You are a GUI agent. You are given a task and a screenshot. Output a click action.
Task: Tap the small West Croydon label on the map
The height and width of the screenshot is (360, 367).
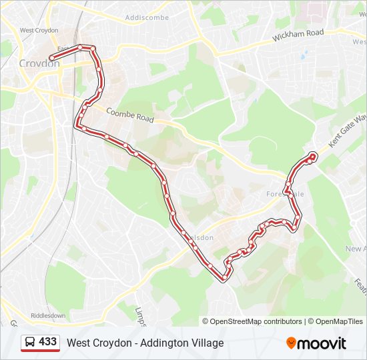coord(39,30)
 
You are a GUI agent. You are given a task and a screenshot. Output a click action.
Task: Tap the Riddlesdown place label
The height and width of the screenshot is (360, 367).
coord(49,315)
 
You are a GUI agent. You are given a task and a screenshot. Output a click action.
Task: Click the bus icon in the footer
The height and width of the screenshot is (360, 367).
coord(30,343)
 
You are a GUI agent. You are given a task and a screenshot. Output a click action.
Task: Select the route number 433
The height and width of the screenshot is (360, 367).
coord(48,342)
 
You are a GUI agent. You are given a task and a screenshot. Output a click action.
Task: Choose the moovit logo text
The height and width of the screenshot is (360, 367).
coord(322,343)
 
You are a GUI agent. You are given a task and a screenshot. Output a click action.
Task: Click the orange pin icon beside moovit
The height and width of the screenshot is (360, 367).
coord(292,343)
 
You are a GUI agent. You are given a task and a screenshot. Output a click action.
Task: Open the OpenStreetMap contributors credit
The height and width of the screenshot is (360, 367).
coord(256,321)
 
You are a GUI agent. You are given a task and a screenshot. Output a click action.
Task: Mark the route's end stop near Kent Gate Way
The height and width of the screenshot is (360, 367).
coord(312,157)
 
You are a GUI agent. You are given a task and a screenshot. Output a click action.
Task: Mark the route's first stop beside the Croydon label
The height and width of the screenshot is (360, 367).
coord(51,58)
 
